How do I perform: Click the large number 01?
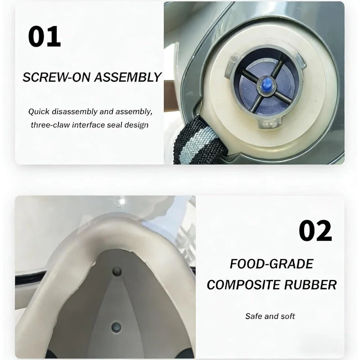(x=44, y=36)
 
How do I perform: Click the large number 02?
(x=315, y=230)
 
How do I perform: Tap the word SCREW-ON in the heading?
(x=57, y=77)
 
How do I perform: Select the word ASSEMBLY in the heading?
(x=128, y=77)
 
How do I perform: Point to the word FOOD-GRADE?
(x=272, y=264)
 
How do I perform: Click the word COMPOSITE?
(x=243, y=285)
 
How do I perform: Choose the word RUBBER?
(x=310, y=285)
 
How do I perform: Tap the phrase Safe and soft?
(x=270, y=316)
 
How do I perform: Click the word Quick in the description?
(x=39, y=112)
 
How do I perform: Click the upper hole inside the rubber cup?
(x=117, y=271)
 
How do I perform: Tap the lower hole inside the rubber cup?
(x=117, y=327)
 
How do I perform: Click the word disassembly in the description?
(x=75, y=112)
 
